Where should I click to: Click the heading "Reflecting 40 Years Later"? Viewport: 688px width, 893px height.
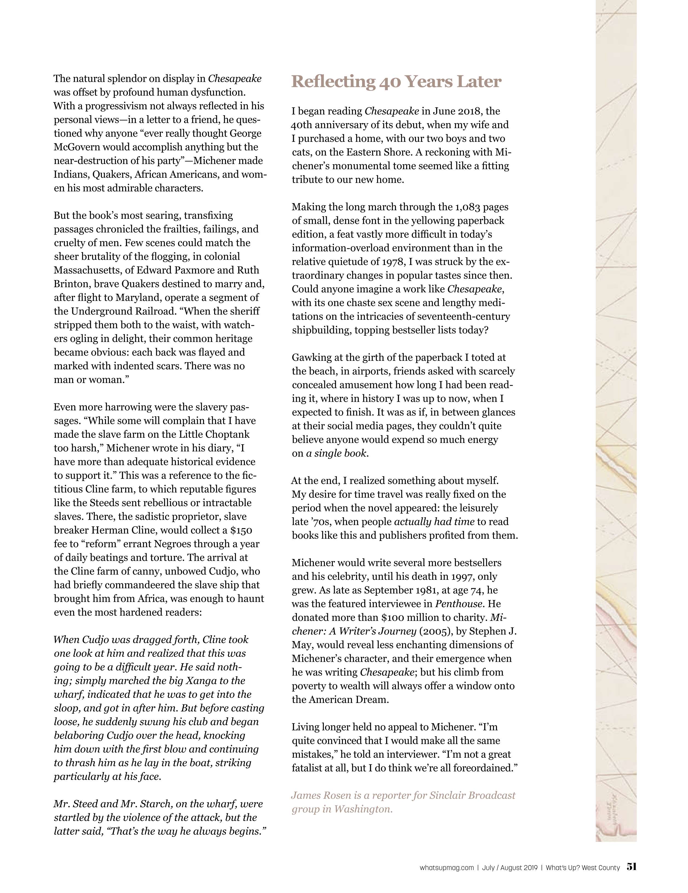pyautogui.click(x=396, y=82)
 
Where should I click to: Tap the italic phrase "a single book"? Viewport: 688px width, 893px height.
pyautogui.click(x=337, y=453)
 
